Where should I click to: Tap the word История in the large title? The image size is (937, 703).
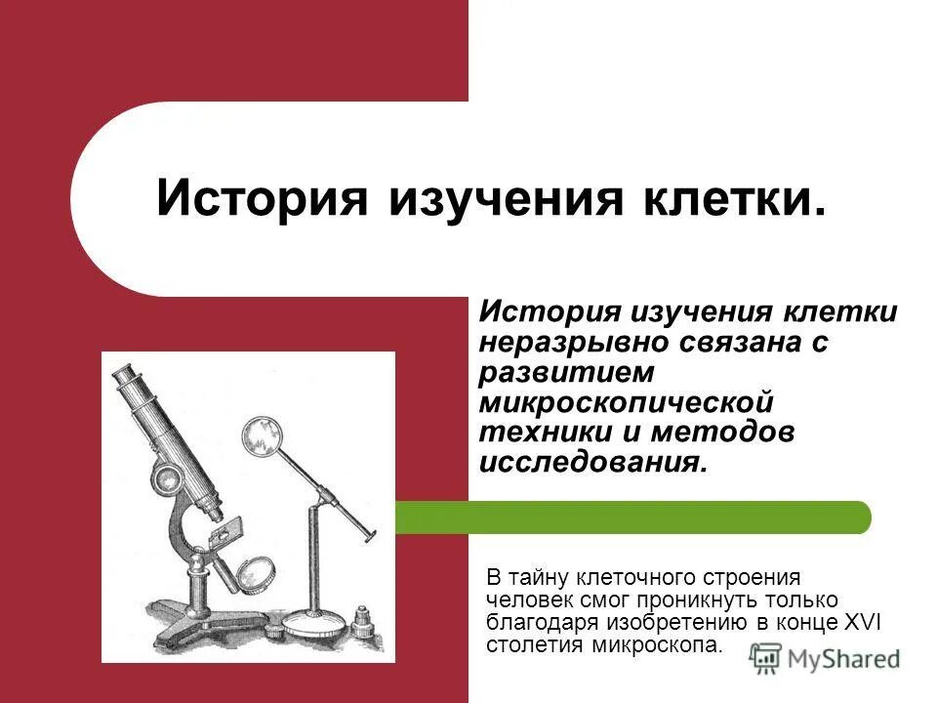pos(262,199)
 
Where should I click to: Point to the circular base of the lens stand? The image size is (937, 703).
pos(315,622)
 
